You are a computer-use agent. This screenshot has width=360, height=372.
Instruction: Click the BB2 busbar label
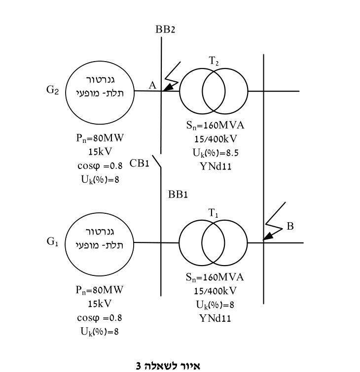coord(165,30)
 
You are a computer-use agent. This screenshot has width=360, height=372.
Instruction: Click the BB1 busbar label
coord(178,195)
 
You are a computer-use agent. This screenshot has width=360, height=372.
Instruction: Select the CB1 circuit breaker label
coord(140,163)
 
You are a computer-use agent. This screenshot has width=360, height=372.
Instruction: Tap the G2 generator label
coord(52,90)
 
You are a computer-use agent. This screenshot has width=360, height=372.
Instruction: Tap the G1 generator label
coord(52,241)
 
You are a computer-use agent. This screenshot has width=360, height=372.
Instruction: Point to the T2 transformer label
coord(214,61)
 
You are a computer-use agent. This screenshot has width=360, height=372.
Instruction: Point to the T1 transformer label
coord(213,212)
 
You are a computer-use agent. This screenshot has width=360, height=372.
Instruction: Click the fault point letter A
coord(152,85)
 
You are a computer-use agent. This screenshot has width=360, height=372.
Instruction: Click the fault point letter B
coord(290,226)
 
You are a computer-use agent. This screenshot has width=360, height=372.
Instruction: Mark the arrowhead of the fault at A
coord(167,88)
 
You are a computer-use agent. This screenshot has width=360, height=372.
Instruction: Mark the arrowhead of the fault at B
coord(268,237)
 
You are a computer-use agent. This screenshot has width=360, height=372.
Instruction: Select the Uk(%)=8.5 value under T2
coord(216,153)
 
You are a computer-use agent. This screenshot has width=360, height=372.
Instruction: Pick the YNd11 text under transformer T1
coord(215,318)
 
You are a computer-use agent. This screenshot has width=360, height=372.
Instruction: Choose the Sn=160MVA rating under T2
coord(215,125)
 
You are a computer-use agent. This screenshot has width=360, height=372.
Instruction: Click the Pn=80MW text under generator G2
coord(100,138)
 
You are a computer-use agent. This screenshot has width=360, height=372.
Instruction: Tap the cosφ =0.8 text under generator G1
coord(100,318)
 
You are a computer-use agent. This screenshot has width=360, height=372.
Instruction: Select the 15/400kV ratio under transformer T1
coord(215,291)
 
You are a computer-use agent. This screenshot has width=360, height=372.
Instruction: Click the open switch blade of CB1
coord(157,162)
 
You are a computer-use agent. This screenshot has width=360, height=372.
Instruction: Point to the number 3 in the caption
coord(139,366)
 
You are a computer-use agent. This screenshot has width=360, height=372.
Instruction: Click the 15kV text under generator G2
coord(100,152)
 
